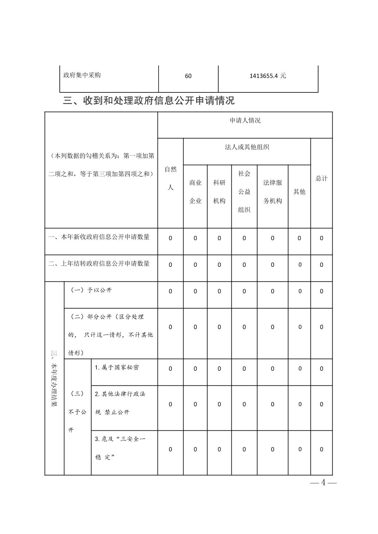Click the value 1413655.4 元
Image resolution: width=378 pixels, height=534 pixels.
coord(268,76)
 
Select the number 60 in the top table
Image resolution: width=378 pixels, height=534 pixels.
coord(188,76)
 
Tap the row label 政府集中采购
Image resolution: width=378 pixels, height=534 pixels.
coord(82,75)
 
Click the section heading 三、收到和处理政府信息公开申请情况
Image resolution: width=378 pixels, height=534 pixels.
coord(149,101)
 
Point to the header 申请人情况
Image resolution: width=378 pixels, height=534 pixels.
coord(245,121)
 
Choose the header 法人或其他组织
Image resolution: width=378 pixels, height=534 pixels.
coord(247,147)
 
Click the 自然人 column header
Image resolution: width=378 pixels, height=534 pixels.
coord(171,178)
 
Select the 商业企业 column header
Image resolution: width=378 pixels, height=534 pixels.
coord(196,192)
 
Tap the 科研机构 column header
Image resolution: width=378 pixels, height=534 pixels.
coord(219,192)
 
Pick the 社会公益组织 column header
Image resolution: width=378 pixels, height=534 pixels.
coord(244,192)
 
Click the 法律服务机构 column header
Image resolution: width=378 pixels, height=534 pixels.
coord(273,192)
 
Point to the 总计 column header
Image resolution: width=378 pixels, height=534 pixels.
coord(321,178)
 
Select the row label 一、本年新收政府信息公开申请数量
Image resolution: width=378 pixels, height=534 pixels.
coord(99,237)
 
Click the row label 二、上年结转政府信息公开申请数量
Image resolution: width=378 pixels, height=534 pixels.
coord(99,263)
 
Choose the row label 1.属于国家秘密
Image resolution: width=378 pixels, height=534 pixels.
coord(117,367)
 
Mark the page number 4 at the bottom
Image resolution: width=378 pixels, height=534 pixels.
coord(323,483)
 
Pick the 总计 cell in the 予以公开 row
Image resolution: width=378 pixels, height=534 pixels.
coord(321,291)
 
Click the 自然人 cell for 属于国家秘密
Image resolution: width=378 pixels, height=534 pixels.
coord(171,369)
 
